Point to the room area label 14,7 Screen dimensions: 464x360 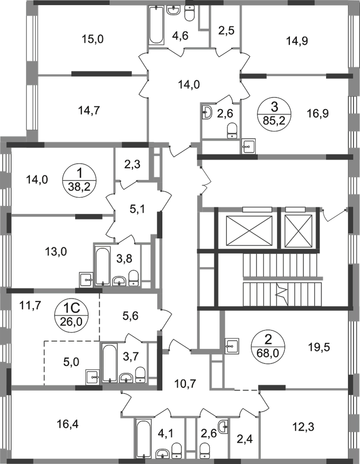click(x=89, y=110)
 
